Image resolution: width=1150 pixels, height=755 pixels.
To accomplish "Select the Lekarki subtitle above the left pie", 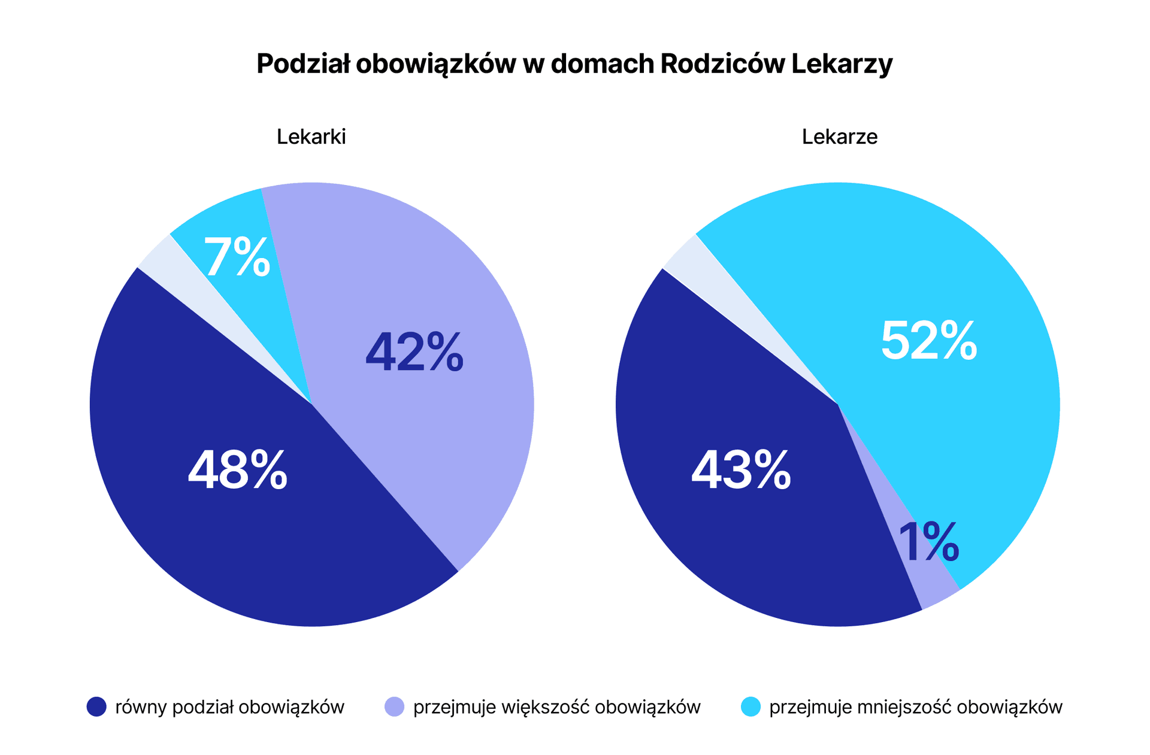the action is click(x=311, y=137).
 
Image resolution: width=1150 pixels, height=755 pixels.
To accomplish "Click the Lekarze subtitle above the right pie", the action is click(x=840, y=137).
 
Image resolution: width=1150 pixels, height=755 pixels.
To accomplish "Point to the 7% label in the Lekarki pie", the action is click(x=237, y=257).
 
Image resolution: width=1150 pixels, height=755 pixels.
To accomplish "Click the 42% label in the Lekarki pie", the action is click(x=414, y=353).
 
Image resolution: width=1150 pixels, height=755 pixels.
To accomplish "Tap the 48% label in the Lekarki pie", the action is click(x=238, y=470).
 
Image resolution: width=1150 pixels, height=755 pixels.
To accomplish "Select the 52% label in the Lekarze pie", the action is click(x=929, y=340).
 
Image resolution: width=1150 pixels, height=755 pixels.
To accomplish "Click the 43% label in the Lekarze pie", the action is click(x=741, y=471).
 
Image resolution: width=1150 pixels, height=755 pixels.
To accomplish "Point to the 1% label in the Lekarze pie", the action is click(x=929, y=542).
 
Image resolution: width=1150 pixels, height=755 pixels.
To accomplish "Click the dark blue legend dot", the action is click(x=96, y=707).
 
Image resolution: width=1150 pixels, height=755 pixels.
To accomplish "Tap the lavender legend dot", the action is click(x=394, y=707).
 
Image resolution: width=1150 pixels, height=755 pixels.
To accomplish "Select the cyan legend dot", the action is click(x=750, y=707).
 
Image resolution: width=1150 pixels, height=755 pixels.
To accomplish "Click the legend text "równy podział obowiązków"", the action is click(x=230, y=707).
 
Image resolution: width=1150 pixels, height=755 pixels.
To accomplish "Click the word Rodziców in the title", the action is click(x=722, y=63).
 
